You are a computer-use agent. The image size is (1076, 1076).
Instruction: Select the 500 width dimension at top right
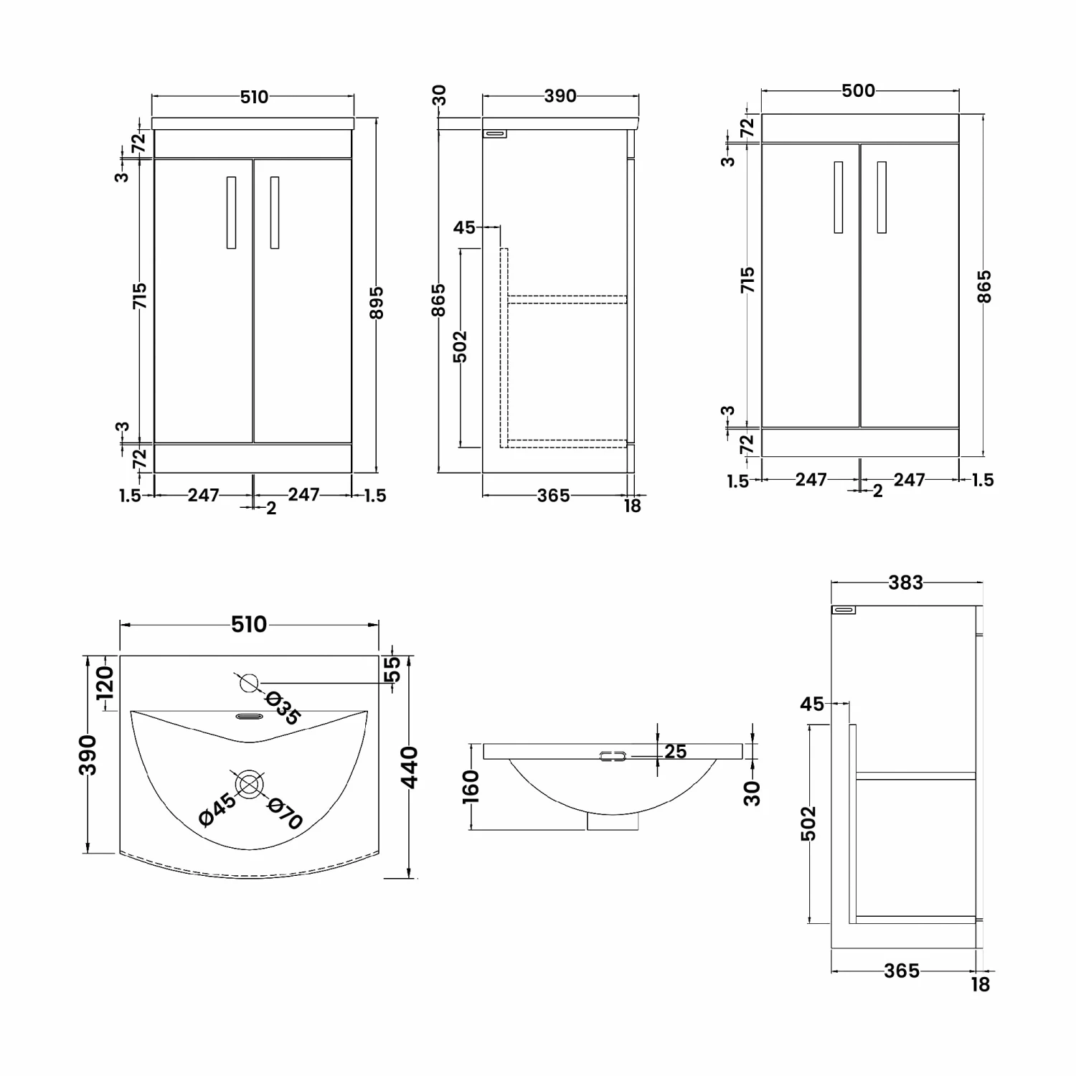point(859,90)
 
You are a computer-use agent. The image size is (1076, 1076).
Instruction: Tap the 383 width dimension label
point(905,582)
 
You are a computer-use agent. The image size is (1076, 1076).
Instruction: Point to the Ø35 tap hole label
point(283,707)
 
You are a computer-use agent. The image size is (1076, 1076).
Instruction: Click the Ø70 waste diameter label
point(285,813)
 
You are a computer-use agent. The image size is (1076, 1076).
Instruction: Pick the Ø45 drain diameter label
point(217,810)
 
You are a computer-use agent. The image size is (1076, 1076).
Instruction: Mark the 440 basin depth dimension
point(409,767)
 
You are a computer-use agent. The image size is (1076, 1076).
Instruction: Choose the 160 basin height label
point(471,787)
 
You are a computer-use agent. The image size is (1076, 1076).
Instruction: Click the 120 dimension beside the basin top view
point(105,684)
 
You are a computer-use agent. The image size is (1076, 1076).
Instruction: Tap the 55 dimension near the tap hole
point(393,669)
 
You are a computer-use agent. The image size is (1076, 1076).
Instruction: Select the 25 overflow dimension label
point(675,751)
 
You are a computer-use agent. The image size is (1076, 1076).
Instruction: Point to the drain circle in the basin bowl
point(248,784)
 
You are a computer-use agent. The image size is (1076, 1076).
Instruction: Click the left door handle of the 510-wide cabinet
point(231,212)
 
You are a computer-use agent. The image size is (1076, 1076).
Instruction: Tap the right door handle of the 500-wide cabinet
point(882,197)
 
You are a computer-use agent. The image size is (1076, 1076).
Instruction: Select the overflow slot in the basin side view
point(613,756)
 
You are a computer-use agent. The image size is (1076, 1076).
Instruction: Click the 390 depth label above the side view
point(560,95)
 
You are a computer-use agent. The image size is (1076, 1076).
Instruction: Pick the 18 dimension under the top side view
point(632,506)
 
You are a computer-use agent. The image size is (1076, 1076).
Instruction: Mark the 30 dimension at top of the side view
point(439,95)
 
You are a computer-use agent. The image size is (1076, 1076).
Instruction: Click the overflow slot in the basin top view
point(249,716)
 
